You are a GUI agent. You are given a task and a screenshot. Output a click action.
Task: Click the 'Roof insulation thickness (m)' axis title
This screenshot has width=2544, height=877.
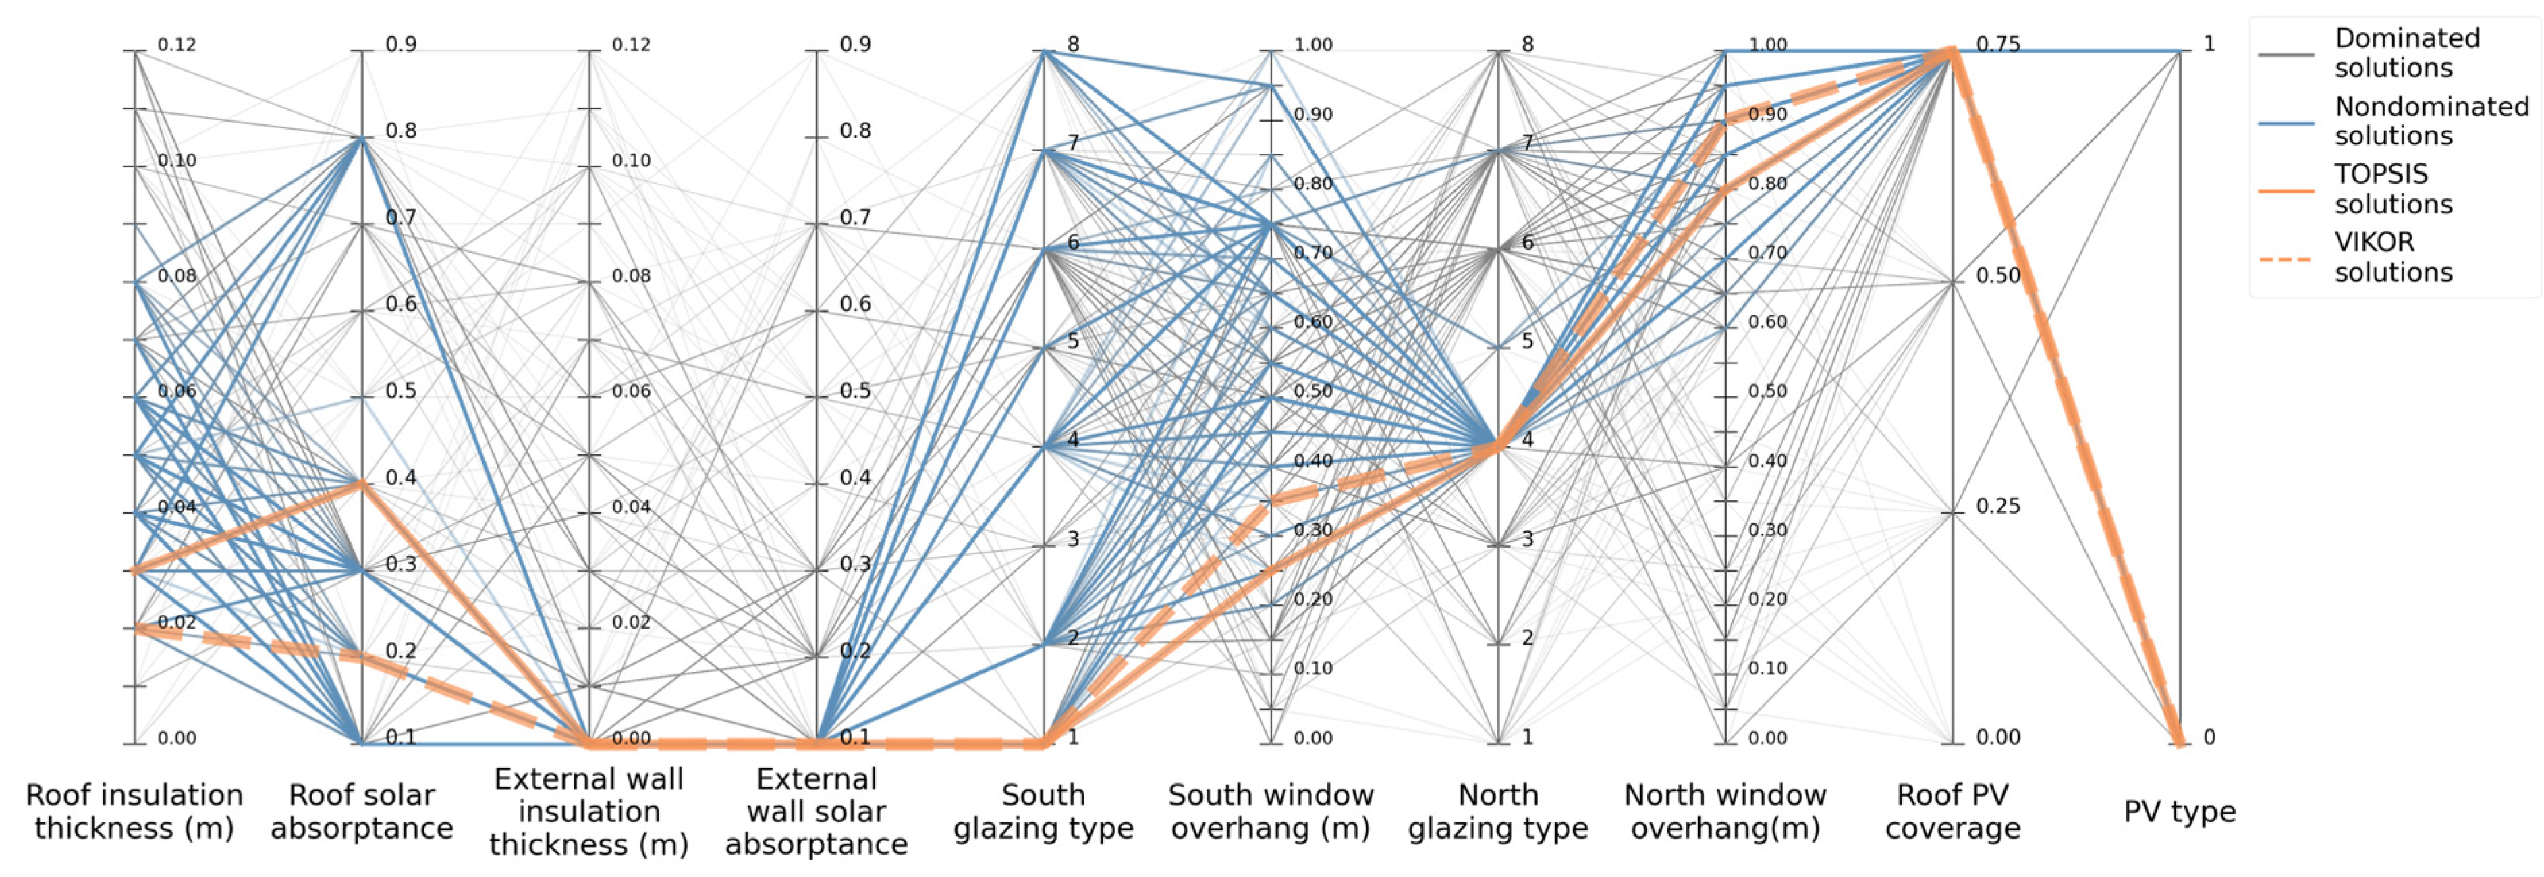(134, 812)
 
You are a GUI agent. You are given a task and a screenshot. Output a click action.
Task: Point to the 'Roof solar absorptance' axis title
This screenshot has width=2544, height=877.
(362, 812)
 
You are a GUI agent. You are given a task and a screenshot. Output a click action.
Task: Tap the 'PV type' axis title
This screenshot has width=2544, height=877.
(2180, 812)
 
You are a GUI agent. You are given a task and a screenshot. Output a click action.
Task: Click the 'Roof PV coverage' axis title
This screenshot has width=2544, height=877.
(1952, 812)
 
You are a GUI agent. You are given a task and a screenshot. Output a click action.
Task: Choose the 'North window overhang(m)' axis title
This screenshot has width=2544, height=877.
(1725, 812)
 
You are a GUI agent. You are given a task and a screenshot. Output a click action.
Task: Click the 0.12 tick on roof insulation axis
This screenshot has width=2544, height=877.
(176, 45)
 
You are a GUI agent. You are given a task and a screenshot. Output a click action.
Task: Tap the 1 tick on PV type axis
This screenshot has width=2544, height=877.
(2209, 45)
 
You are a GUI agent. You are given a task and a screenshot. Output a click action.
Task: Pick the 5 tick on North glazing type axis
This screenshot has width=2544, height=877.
(1527, 342)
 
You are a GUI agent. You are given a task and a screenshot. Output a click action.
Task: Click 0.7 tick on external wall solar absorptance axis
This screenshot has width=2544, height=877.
(854, 218)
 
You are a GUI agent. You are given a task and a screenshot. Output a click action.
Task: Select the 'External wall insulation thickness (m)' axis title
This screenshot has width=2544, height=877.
(588, 812)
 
